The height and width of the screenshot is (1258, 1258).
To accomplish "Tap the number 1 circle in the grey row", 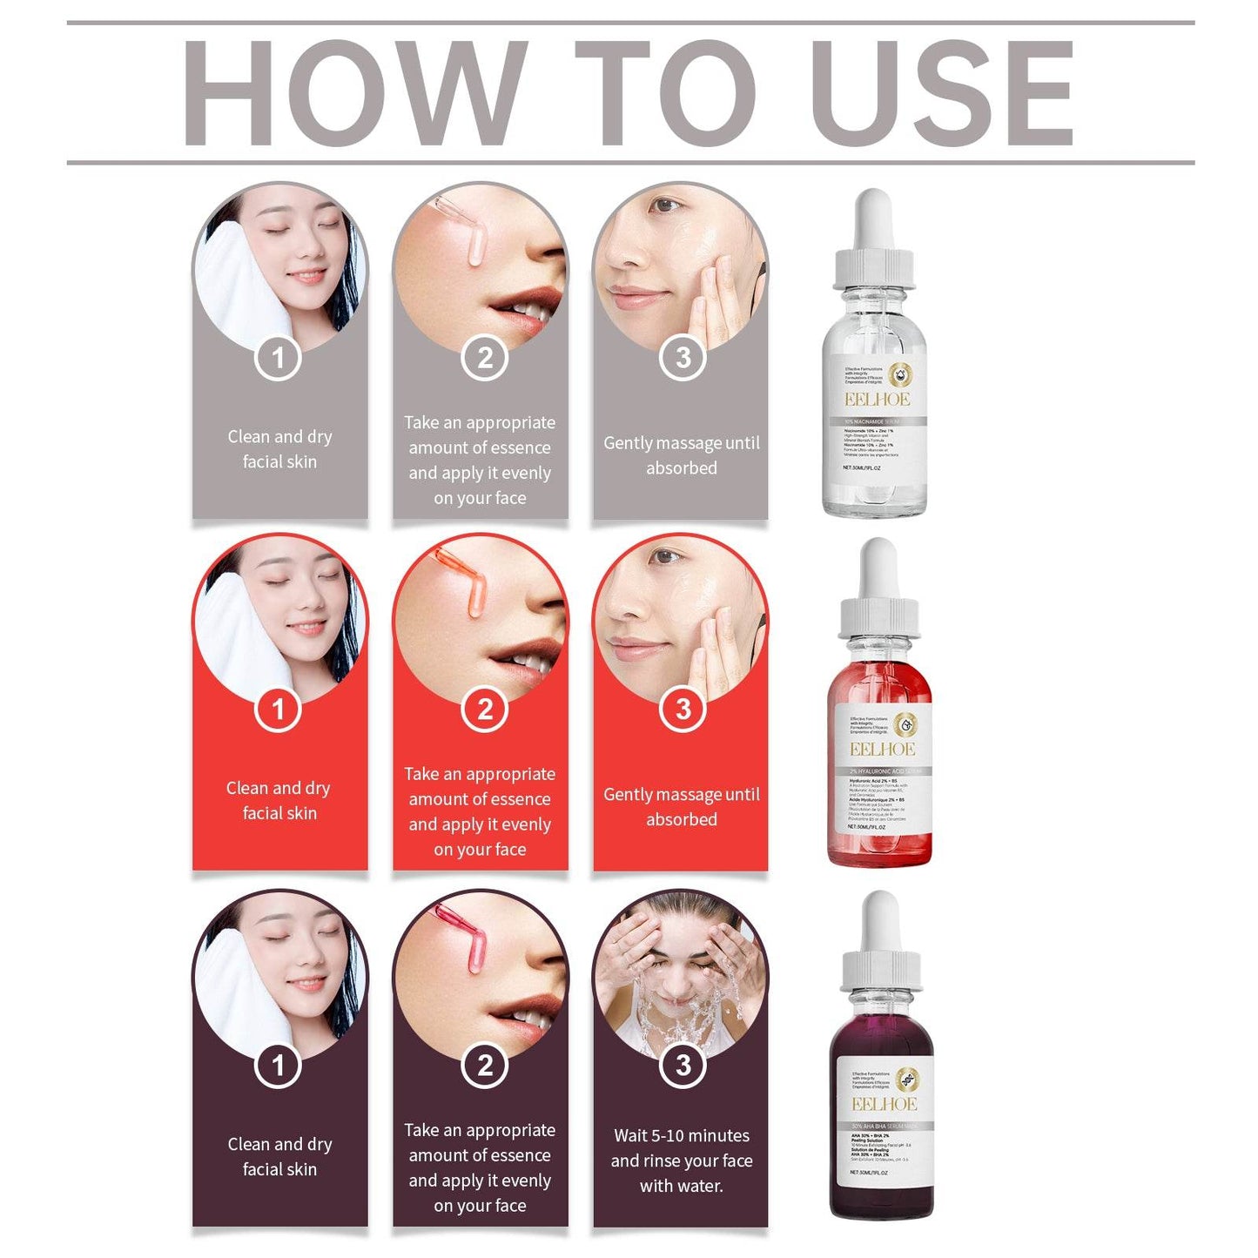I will [279, 358].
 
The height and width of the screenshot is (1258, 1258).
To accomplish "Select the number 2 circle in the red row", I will [485, 710].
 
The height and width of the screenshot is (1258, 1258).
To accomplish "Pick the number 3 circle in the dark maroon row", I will [683, 1066].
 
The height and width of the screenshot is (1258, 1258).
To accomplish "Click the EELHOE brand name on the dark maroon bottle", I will [884, 1104].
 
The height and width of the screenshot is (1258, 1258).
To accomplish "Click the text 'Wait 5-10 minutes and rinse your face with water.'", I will [681, 1160].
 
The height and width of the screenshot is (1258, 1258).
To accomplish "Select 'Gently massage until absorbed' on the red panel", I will [681, 806].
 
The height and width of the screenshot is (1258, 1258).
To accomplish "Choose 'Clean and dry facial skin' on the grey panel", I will [279, 448].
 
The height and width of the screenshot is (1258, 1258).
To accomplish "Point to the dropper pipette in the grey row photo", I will [467, 230].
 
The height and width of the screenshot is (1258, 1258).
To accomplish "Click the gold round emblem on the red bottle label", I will [905, 723].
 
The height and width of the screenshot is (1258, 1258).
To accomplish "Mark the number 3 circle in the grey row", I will [683, 358].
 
